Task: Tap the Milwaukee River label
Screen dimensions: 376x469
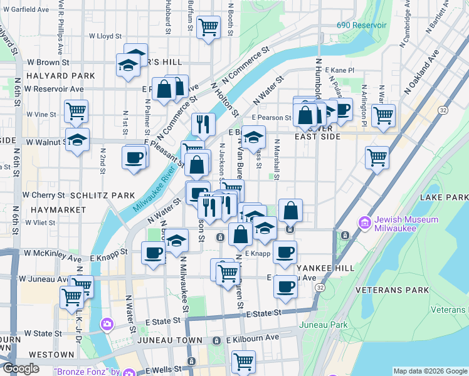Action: click(153, 191)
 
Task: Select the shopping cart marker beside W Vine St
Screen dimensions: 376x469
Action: click(76, 112)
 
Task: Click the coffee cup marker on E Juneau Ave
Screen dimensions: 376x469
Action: click(285, 286)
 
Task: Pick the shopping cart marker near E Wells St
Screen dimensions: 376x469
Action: click(243, 361)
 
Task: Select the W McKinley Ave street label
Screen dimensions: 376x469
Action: click(53, 258)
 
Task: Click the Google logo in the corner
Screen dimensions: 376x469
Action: click(20, 368)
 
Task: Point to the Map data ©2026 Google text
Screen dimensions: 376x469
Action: click(429, 371)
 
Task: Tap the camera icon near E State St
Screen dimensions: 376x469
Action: click(107, 324)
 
